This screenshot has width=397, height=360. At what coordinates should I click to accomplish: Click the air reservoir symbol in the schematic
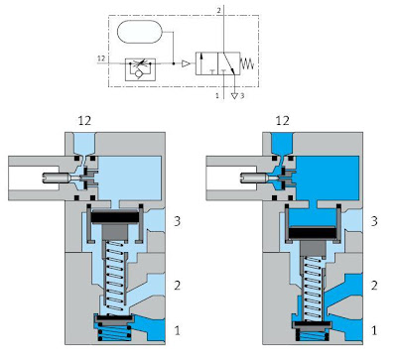click(139, 32)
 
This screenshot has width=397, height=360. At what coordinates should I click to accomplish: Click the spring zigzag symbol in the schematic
click(247, 63)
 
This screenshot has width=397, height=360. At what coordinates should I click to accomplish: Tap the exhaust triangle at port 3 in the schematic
click(234, 96)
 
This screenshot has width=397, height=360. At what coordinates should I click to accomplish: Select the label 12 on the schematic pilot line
click(101, 59)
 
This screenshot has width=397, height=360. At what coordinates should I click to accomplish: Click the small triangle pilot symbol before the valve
click(186, 63)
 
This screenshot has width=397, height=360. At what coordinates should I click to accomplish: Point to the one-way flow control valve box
click(140, 69)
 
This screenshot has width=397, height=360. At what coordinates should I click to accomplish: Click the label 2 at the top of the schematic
click(218, 10)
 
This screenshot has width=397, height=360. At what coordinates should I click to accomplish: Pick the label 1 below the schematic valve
click(217, 96)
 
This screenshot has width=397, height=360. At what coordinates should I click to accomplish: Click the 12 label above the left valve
click(84, 121)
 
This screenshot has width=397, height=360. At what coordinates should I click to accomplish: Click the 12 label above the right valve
click(282, 121)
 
